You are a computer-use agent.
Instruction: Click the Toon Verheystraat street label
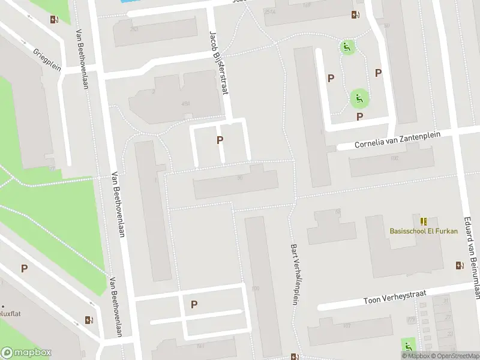[x=394, y=296]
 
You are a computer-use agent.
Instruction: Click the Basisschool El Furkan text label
[x=424, y=231]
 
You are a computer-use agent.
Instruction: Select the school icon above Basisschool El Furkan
[x=424, y=221]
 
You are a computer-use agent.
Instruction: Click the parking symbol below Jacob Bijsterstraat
[x=220, y=140]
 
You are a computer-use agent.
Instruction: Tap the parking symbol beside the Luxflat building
[x=24, y=269]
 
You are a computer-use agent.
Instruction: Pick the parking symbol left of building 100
[x=194, y=304]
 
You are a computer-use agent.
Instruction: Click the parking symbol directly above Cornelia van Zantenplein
[x=359, y=116]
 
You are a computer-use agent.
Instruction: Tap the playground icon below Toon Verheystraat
[x=409, y=346]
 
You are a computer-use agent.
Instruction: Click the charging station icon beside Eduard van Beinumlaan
[x=460, y=265]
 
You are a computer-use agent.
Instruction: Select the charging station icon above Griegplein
[x=55, y=19]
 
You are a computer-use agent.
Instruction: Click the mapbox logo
[x=26, y=353]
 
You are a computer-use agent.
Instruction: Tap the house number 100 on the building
[x=256, y=289]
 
